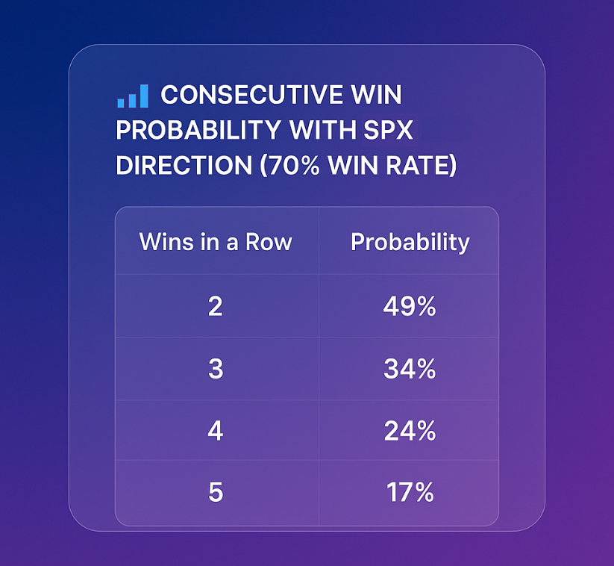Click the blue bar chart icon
click(133, 96)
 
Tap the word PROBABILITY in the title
click(198, 130)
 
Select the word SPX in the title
click(388, 130)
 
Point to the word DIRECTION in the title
click(184, 165)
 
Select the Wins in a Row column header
click(216, 241)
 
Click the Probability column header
click(410, 243)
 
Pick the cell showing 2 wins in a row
click(216, 306)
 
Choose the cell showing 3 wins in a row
click(216, 369)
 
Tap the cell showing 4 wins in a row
click(216, 431)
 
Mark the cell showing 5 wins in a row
click(216, 492)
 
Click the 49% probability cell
click(410, 306)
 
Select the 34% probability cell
click(410, 369)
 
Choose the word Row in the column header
click(269, 241)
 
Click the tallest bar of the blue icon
click(144, 96)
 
